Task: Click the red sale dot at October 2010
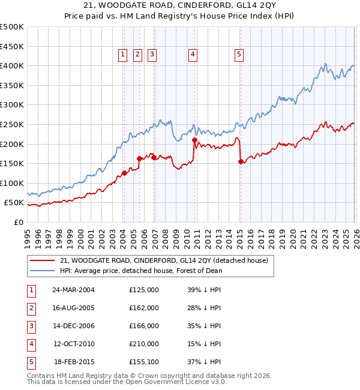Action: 194,140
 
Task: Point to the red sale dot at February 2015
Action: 241,161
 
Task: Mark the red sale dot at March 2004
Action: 124,173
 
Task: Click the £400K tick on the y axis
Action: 12,66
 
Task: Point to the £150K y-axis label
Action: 12,163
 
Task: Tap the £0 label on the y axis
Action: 18,222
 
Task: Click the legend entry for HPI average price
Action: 141,271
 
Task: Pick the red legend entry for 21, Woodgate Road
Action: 167,260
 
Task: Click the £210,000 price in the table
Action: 144,344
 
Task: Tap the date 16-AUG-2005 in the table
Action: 73,308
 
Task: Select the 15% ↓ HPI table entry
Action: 204,344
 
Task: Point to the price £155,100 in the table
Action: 144,362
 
